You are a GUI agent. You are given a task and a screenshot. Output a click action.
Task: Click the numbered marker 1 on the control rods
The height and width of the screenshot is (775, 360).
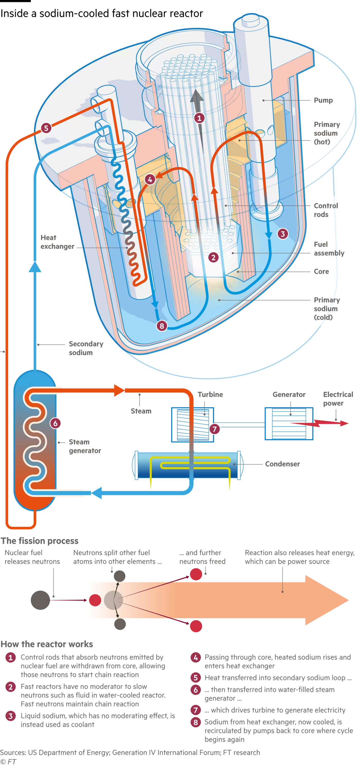pos(199,118)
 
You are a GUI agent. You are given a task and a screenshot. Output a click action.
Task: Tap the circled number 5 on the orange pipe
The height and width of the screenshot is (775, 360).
pos(46,128)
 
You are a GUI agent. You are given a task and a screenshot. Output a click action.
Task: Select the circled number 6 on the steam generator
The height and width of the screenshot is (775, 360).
pos(55,423)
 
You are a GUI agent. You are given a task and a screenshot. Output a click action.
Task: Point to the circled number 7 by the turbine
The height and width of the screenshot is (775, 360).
pos(214,429)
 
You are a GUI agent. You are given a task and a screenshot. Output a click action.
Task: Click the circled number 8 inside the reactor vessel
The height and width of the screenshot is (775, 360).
pos(162,326)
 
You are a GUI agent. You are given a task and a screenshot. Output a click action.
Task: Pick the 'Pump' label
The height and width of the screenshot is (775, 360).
pos(323,100)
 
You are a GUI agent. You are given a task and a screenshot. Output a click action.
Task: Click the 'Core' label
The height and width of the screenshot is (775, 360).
pos(321,272)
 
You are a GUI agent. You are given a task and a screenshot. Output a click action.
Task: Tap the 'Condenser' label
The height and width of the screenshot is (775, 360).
pos(282,464)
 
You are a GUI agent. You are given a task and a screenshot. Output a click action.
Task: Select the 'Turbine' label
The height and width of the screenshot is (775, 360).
pos(210,394)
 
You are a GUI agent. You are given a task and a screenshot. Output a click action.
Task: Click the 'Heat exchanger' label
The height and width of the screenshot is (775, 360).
pos(57,242)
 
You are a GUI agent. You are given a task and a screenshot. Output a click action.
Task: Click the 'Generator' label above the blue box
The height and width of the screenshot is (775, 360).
pos(289,394)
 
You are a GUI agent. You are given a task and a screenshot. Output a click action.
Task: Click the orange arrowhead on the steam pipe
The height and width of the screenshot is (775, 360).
pos(119,391)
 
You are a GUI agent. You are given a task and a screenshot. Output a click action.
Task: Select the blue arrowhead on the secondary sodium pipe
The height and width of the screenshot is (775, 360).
pos(35,267)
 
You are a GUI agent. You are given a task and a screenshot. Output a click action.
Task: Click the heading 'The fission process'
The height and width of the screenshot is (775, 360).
pos(39,541)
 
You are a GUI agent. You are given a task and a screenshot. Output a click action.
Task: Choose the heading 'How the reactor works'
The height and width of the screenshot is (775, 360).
pos(47,644)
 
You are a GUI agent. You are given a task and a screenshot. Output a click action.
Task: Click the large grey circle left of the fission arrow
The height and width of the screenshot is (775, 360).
pos(40,600)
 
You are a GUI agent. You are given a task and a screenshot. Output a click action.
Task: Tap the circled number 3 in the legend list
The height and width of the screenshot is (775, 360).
pos(11,716)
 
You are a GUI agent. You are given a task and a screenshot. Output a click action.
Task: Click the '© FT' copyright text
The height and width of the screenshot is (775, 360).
pos(8,761)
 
